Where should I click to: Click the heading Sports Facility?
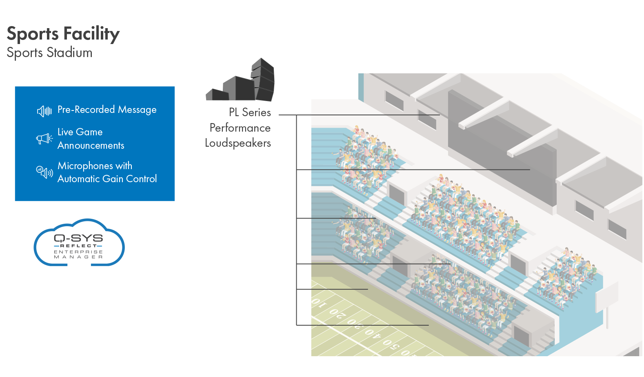(63, 34)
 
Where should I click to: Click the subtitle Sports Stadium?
(49, 53)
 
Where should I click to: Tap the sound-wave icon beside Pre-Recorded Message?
(44, 111)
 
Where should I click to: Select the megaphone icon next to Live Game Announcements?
(44, 139)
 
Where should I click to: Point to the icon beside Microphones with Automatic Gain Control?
(44, 172)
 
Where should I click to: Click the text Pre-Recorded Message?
(107, 110)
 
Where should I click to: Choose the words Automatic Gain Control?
(107, 179)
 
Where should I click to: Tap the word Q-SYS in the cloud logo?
(78, 238)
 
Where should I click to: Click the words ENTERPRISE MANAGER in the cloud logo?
(78, 254)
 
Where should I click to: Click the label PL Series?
(250, 112)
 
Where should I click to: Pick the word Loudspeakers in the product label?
(238, 143)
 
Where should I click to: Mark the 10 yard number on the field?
(319, 303)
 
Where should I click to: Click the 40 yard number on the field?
(372, 333)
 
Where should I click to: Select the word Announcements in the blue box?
(91, 146)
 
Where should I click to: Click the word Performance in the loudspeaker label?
(240, 128)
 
